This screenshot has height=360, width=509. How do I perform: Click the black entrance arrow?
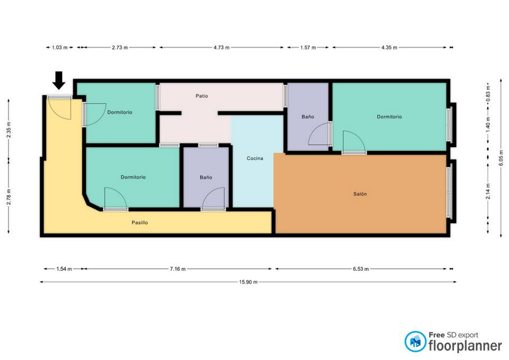[59, 80]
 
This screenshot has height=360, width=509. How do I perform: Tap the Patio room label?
[202, 96]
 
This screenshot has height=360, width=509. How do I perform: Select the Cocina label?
[255, 158]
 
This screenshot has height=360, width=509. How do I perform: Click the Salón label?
[360, 194]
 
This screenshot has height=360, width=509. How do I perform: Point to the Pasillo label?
[140, 222]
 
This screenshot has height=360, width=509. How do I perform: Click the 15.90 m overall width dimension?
[248, 282]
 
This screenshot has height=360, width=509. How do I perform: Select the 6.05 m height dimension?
[501, 158]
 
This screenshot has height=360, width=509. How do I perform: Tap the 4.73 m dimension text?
[221, 47]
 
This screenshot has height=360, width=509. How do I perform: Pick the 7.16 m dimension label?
[178, 269]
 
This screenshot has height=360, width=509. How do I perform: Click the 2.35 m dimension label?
[9, 130]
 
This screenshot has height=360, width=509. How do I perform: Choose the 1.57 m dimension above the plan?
[308, 47]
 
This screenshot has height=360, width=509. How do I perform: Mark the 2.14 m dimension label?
[488, 191]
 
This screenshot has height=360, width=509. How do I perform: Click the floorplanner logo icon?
[416, 341]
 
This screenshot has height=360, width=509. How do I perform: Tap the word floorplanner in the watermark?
[465, 346]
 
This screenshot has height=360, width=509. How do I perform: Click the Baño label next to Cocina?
[206, 177]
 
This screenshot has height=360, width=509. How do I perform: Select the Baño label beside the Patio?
[308, 117]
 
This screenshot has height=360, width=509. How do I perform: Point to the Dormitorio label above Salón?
[389, 117]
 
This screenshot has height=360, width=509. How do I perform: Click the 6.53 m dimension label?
[361, 269]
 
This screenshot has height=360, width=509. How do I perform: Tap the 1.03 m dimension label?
[60, 47]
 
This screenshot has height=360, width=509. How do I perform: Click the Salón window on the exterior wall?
[448, 193]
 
